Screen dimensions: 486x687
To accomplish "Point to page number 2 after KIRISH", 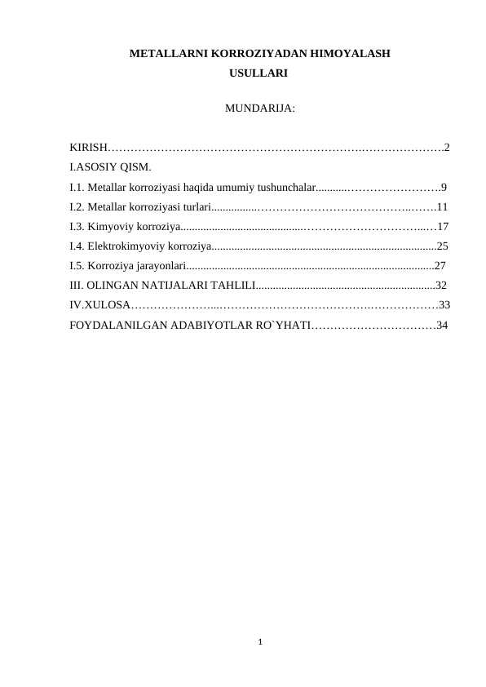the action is coord(447,148).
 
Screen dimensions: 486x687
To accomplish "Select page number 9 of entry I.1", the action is coord(443,187).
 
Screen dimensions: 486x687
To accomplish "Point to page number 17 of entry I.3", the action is coord(444,226).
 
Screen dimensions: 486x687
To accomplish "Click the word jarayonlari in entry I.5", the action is coord(160,265).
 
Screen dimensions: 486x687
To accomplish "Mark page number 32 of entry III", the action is coord(441,285).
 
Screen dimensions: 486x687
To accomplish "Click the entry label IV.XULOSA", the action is coord(98,305).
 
